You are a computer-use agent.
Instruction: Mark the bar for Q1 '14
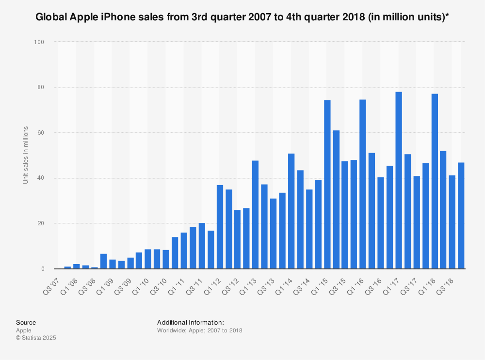(x=291, y=211)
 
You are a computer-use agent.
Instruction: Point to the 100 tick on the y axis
(x=39, y=42)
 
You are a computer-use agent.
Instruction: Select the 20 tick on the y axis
(x=40, y=223)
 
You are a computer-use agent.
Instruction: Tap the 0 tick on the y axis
(x=42, y=269)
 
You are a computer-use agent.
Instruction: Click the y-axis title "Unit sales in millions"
(x=25, y=155)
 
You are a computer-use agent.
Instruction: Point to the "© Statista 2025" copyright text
(x=36, y=338)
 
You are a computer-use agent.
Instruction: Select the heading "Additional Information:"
(x=190, y=322)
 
